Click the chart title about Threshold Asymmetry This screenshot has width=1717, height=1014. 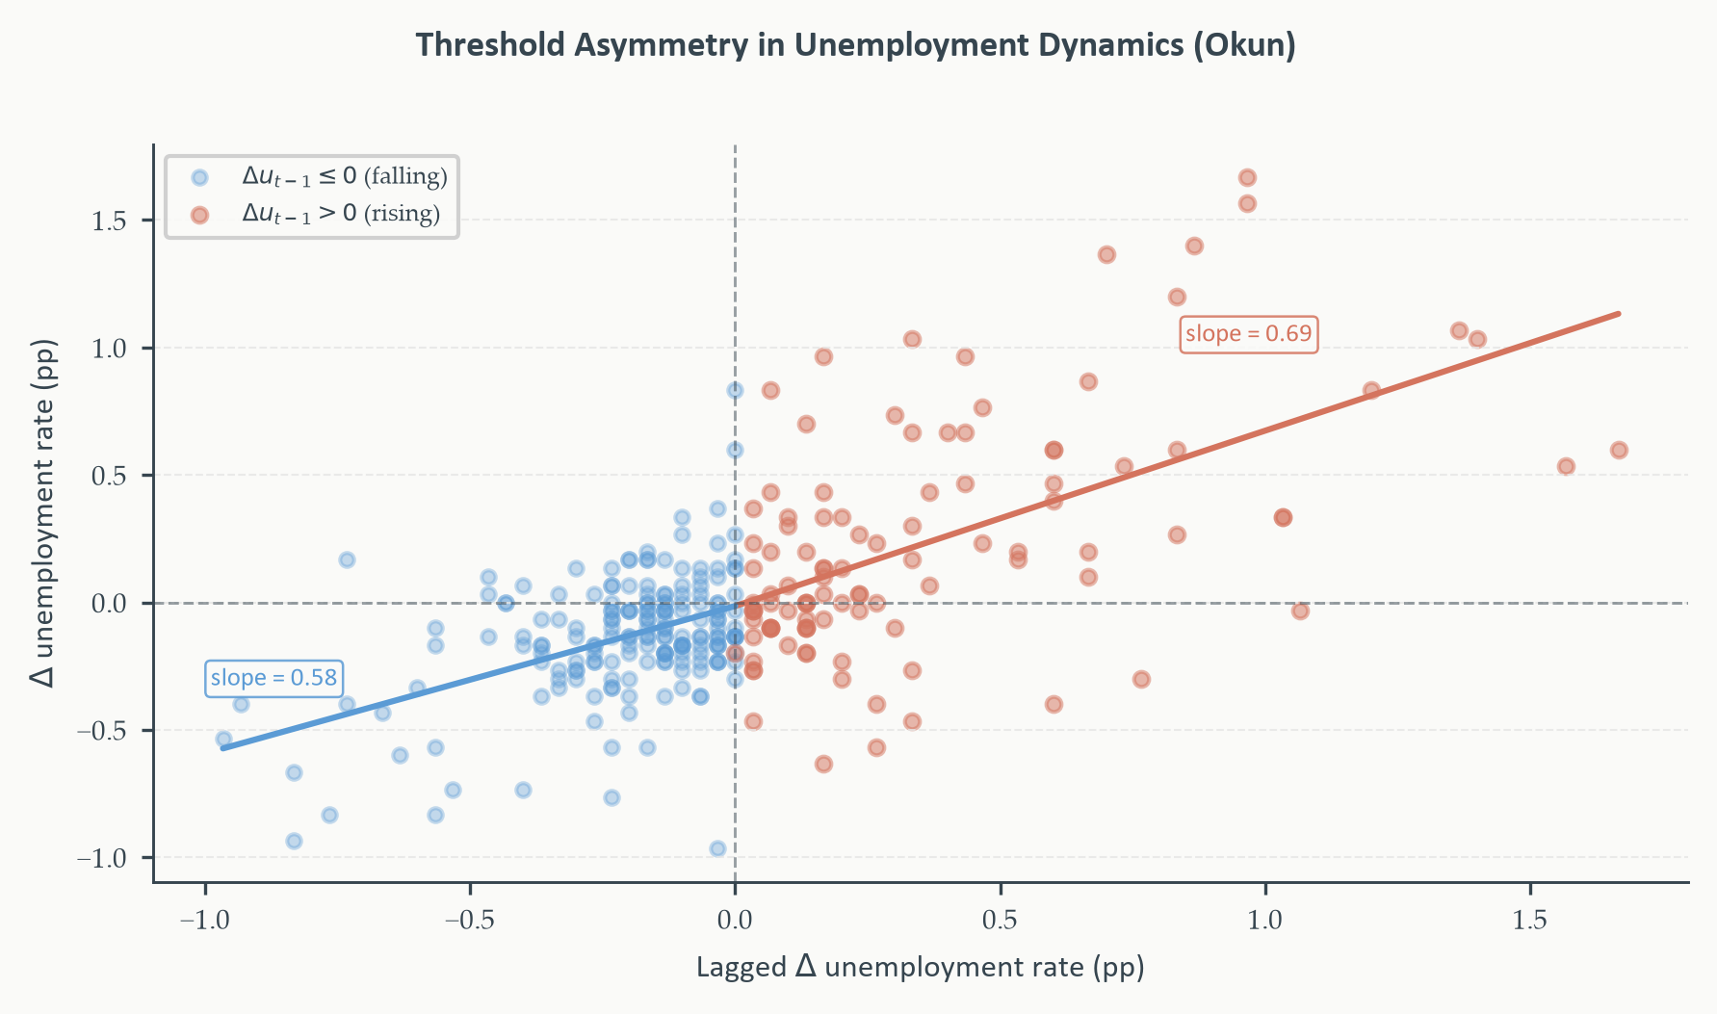[x=856, y=45]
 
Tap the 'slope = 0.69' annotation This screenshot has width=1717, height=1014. [x=1248, y=334]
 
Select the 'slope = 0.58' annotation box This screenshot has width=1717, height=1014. [x=273, y=678]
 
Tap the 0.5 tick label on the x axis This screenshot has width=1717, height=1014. [x=1000, y=920]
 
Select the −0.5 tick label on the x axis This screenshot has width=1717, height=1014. [x=470, y=920]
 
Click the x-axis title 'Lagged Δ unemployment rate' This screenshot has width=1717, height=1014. [x=920, y=967]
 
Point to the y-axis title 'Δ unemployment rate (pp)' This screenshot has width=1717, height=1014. [x=43, y=512]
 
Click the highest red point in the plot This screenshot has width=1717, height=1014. [x=1247, y=177]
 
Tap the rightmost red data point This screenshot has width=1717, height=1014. [x=1619, y=450]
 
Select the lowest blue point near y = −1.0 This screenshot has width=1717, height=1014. [x=717, y=848]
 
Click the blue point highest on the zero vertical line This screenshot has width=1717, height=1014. [x=735, y=390]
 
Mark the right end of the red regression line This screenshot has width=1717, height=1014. [x=1619, y=313]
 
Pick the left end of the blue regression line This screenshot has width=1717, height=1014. [x=223, y=747]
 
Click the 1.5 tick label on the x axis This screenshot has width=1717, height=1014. [x=1530, y=920]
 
